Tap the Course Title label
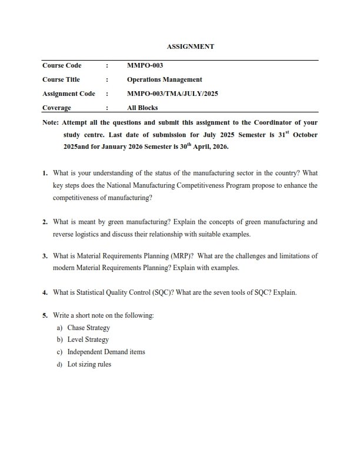[61, 79]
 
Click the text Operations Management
[164, 79]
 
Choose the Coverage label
[56, 108]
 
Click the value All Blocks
[142, 108]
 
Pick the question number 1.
[45, 174]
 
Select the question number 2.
[45, 222]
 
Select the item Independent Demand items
[106, 352]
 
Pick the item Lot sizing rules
[89, 364]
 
